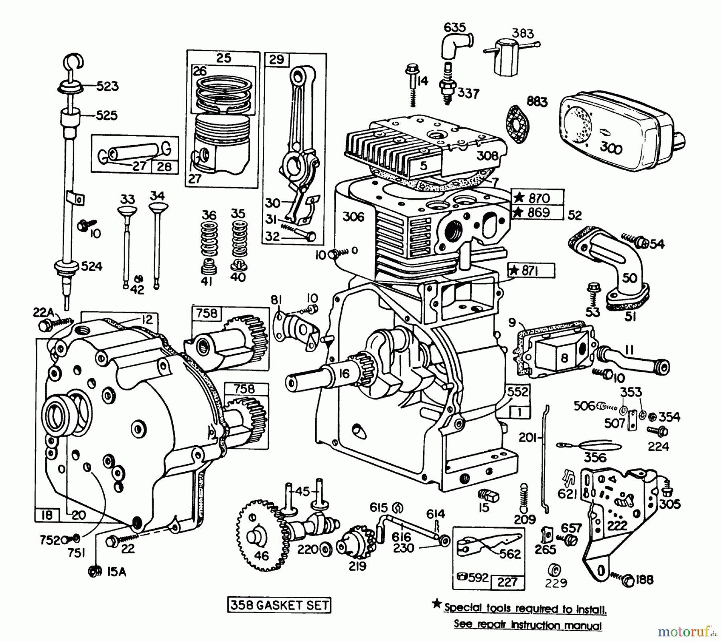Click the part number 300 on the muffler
pyautogui.click(x=611, y=148)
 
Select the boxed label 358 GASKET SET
pyautogui.click(x=279, y=605)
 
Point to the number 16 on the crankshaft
pyautogui.click(x=344, y=374)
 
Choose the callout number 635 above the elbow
pyautogui.click(x=455, y=27)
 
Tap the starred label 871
pyautogui.click(x=530, y=271)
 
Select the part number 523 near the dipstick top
pyautogui.click(x=107, y=86)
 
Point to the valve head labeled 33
pyautogui.click(x=128, y=212)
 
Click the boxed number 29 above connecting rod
pyautogui.click(x=277, y=60)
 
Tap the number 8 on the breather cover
pyautogui.click(x=564, y=357)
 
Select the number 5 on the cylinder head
pyautogui.click(x=424, y=166)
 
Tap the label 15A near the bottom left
pyautogui.click(x=116, y=572)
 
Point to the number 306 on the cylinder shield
pyautogui.click(x=353, y=217)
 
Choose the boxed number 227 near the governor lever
pyautogui.click(x=507, y=581)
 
